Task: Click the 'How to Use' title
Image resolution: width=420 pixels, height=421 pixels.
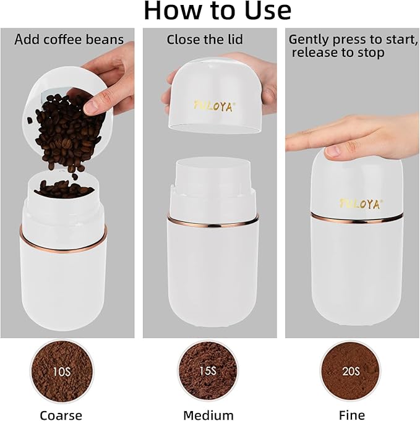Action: point(217,11)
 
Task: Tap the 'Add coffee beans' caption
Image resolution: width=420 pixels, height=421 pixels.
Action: point(69,40)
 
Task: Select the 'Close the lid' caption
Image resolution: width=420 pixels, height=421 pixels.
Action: point(205,40)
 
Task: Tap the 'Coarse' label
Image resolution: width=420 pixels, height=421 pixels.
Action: point(61,415)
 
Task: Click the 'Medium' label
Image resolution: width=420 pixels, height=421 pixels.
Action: point(208,415)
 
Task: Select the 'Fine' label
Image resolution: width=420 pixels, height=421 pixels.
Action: point(351,415)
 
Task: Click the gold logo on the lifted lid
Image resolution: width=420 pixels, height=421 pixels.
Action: point(214,106)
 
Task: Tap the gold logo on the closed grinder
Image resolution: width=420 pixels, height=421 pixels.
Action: point(361,203)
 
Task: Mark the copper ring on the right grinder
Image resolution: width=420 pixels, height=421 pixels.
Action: point(357,218)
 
